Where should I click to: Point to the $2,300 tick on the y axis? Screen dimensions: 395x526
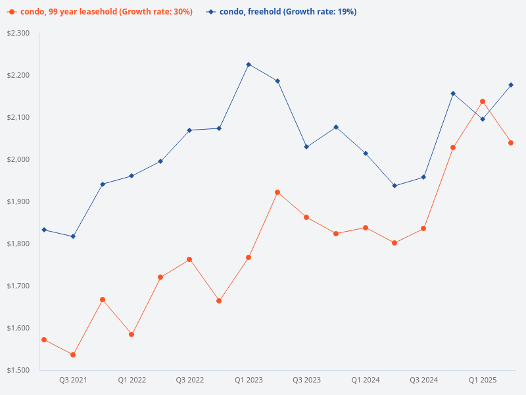18,33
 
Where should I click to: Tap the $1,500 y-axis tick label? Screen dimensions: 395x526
18,370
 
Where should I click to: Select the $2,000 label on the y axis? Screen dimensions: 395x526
18,159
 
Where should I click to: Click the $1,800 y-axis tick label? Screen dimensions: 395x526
18,244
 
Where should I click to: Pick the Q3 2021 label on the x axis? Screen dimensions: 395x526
73,380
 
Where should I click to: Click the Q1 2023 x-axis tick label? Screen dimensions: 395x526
249,380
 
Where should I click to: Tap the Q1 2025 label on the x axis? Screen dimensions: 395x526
483,380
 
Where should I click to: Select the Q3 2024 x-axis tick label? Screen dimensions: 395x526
424,380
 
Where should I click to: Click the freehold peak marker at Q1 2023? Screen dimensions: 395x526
249,65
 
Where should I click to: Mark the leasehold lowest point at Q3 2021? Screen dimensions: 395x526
73,355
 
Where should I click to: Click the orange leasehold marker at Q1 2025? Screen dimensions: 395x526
483,101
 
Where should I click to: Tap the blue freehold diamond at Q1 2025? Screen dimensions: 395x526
483,119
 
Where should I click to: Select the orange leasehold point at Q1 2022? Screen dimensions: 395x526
131,334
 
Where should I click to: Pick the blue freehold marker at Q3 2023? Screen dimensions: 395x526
306,147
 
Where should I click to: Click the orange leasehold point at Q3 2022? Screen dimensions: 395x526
189,259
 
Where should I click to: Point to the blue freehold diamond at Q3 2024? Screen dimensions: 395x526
423,177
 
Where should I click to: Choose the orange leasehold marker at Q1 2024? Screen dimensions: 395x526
366,228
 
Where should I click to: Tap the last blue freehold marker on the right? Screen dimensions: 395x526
511,85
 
